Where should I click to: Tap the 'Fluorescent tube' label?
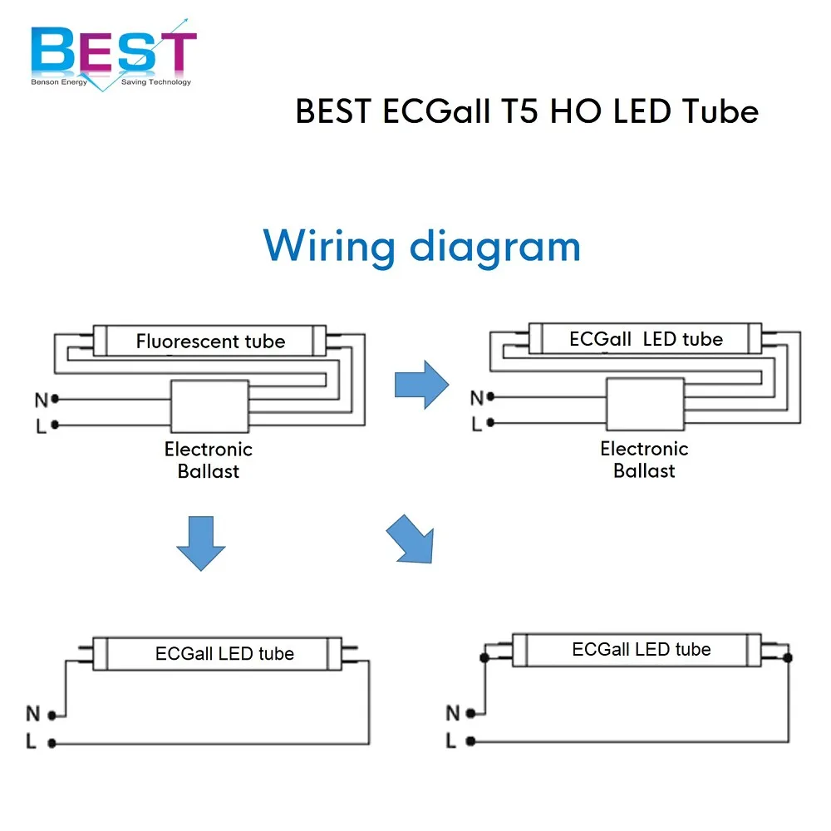pos(210,342)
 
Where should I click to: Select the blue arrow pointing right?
pos(421,385)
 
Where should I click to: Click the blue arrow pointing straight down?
pos(200,542)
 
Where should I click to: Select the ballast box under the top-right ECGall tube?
pos(645,404)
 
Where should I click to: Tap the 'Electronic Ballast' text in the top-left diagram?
pos(208,460)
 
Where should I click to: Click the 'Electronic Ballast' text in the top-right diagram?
pos(644,460)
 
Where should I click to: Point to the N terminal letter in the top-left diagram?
pos(41,400)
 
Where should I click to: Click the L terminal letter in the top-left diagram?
pos(41,425)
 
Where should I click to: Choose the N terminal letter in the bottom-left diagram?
pos(33,714)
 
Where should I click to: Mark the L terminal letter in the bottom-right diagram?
pos(451,740)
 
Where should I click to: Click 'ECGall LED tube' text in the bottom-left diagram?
pos(224,654)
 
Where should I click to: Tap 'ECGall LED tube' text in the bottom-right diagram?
pos(641,650)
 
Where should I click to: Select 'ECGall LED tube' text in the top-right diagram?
pos(646,339)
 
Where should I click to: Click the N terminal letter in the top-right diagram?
pos(476,398)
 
